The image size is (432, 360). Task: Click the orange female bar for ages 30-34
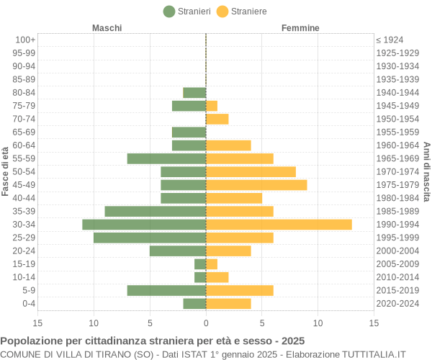point(279,225)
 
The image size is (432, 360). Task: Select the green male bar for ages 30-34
point(144,225)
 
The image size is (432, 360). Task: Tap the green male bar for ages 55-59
point(166,158)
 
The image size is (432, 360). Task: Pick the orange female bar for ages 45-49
point(256,185)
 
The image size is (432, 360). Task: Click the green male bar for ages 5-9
point(166,290)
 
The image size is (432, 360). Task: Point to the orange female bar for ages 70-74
point(217,119)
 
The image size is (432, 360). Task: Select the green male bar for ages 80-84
point(194,92)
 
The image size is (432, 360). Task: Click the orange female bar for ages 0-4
point(228,304)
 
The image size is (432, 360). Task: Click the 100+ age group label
point(25,40)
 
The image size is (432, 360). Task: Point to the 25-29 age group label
point(24,238)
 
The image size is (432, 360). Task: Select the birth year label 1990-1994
point(397,225)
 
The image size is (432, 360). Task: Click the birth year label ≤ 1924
point(390,40)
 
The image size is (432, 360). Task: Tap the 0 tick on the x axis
point(206,323)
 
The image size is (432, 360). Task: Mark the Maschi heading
point(107,28)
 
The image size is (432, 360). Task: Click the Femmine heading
point(300,28)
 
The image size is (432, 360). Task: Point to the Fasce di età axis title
point(6,171)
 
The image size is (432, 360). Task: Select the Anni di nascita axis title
point(426,171)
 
